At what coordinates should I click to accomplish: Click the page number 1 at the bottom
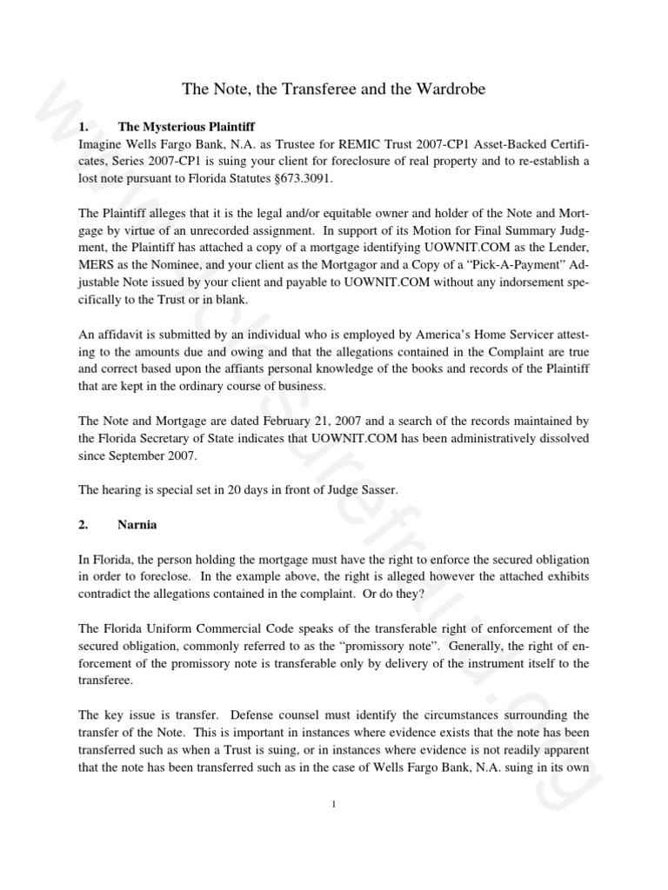[x=334, y=804]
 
